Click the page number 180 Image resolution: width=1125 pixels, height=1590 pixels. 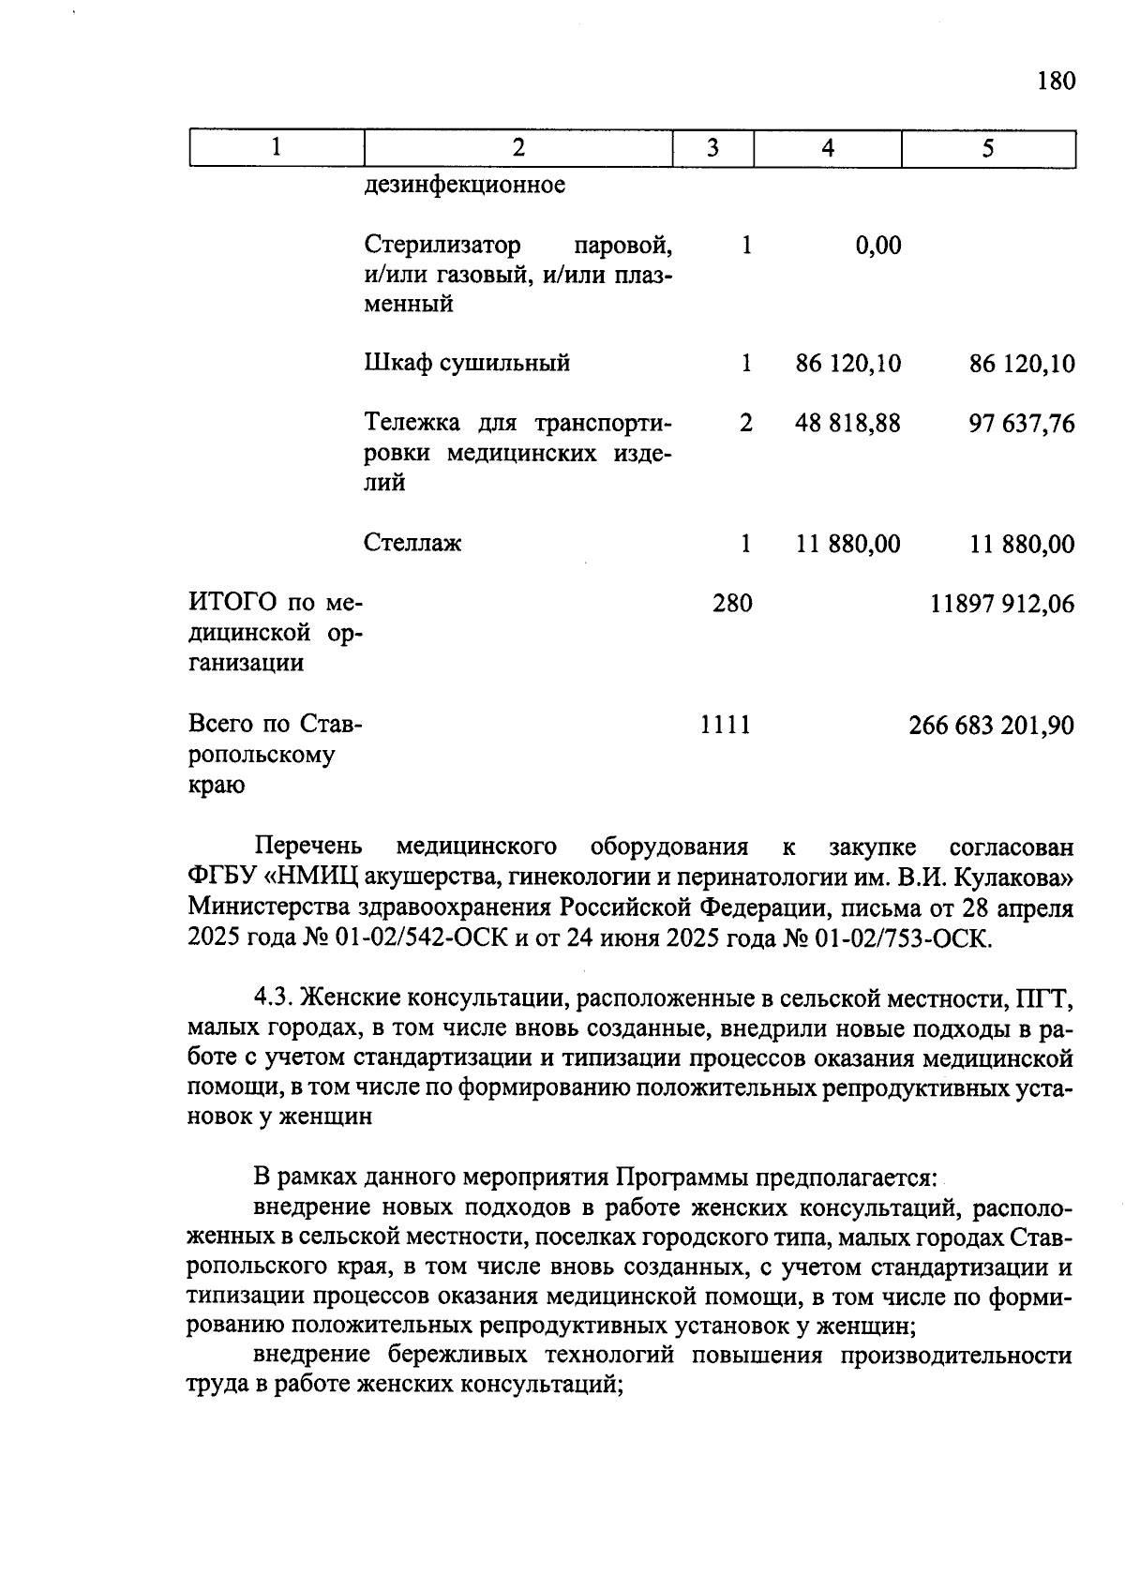pos(1056,81)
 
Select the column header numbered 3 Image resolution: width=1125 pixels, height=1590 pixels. pos(712,148)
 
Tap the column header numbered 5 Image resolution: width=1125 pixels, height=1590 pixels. pos(988,148)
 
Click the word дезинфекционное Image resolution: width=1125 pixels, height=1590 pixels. pos(464,185)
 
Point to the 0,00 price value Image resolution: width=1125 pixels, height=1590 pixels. pos(878,246)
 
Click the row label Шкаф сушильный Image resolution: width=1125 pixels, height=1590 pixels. pos(467,363)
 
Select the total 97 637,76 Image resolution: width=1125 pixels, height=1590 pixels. pos(1022,424)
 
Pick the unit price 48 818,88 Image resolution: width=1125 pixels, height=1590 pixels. pos(847,424)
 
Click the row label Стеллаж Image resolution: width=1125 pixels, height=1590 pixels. pos(412,544)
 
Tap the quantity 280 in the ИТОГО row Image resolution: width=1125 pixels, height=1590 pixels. pos(732,604)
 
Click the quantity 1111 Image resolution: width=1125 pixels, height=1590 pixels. pos(726,725)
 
